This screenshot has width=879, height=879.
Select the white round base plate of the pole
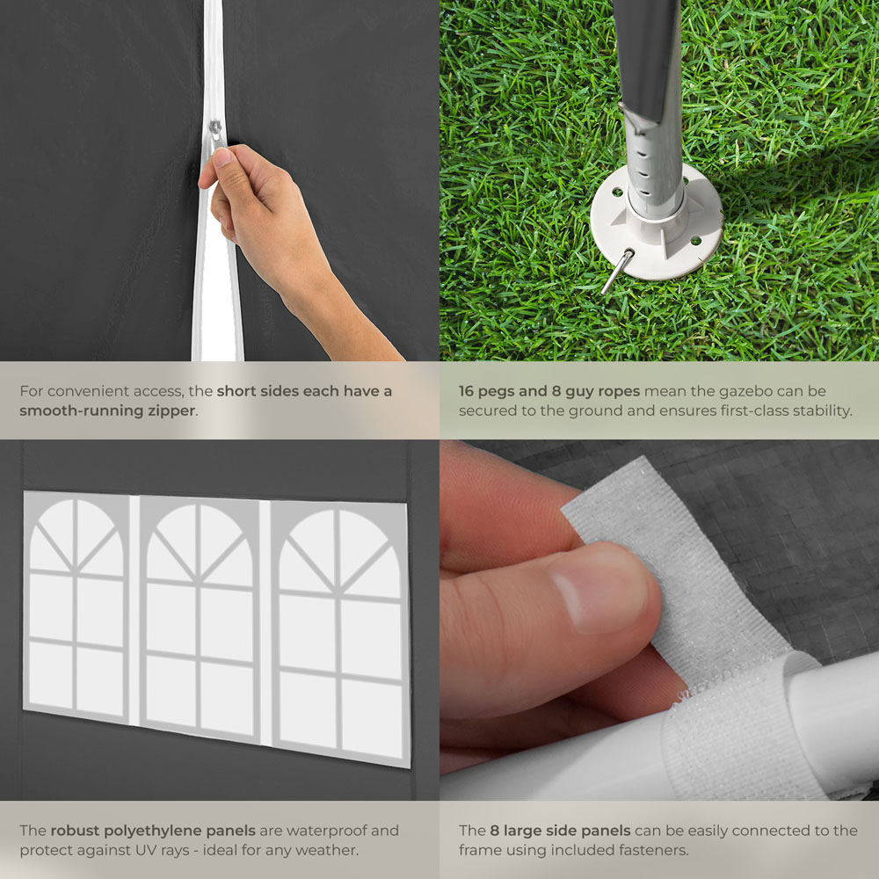[657, 224]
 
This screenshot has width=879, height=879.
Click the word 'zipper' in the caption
[172, 410]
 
